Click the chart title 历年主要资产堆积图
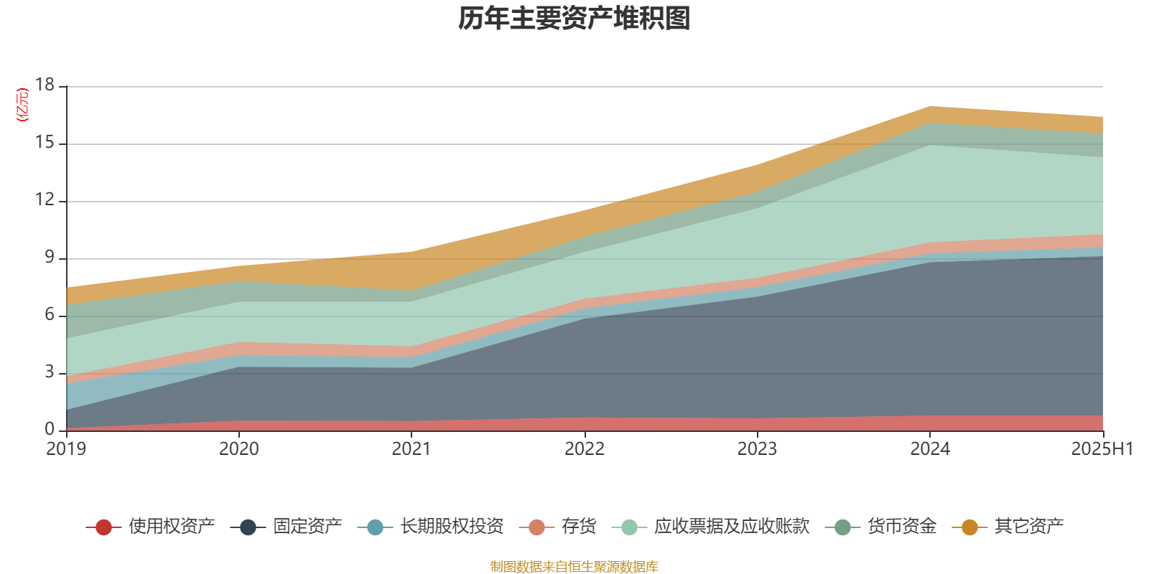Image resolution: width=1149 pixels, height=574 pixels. tap(574, 19)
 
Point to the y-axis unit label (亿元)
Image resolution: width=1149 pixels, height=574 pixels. tap(22, 105)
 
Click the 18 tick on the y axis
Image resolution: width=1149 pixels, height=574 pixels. tap(45, 85)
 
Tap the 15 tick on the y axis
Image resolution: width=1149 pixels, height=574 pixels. tap(45, 143)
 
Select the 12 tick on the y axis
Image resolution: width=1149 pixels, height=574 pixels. tap(45, 200)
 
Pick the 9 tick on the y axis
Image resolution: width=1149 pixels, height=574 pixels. tap(49, 258)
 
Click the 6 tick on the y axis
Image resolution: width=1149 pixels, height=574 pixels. tap(49, 315)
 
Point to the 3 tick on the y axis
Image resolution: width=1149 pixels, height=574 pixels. tap(49, 372)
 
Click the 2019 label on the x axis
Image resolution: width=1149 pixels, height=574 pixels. tap(66, 449)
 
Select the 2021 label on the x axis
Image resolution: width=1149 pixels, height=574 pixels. tap(411, 449)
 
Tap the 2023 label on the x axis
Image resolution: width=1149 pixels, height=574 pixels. tap(757, 449)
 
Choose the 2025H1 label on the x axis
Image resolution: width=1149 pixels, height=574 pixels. tap(1102, 449)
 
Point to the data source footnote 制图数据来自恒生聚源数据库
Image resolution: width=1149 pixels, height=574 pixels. tap(574, 567)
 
